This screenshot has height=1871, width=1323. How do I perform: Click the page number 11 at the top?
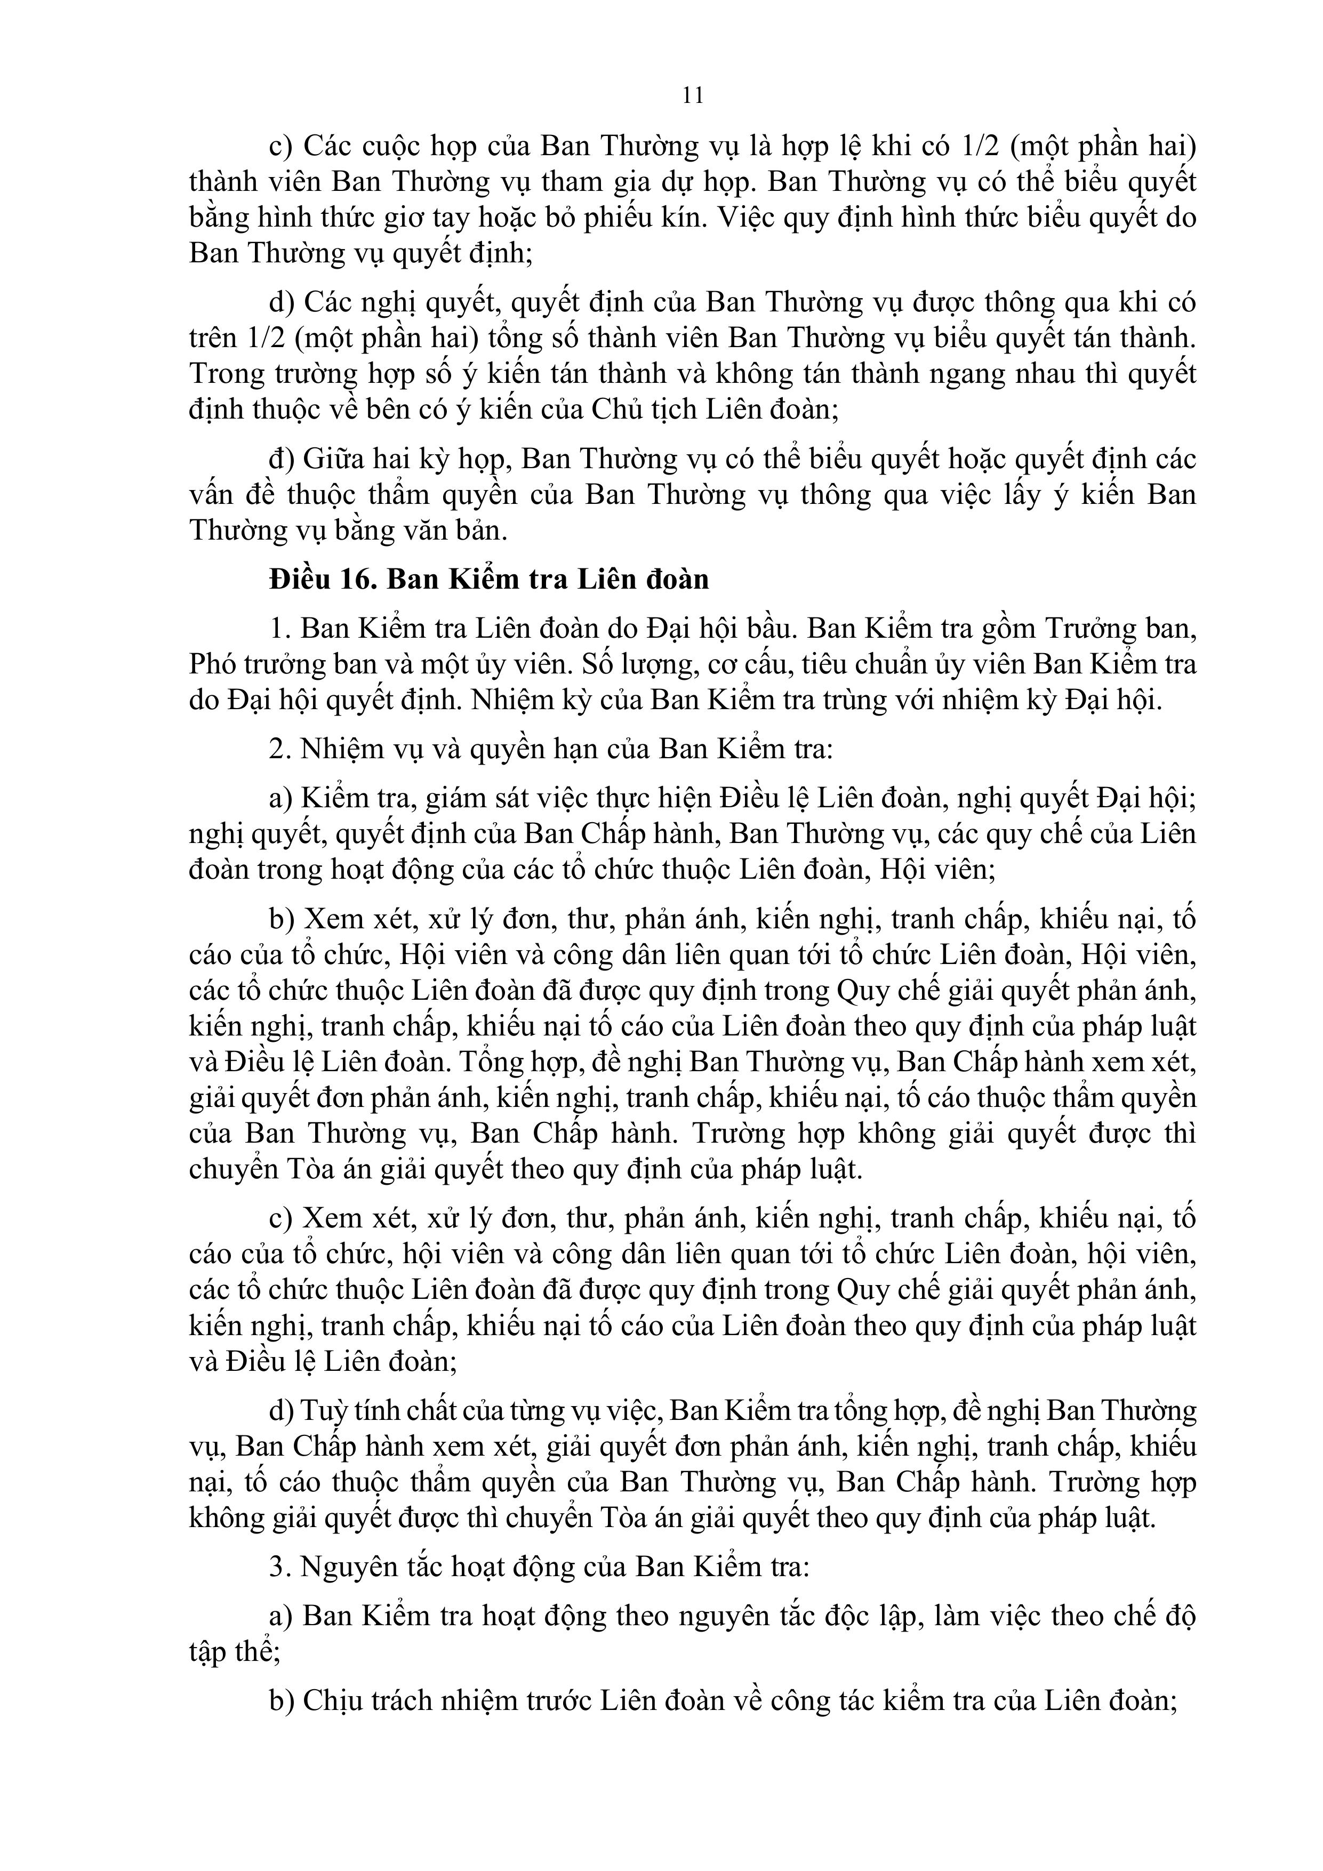tap(692, 96)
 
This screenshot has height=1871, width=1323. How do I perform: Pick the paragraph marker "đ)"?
tap(282, 459)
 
